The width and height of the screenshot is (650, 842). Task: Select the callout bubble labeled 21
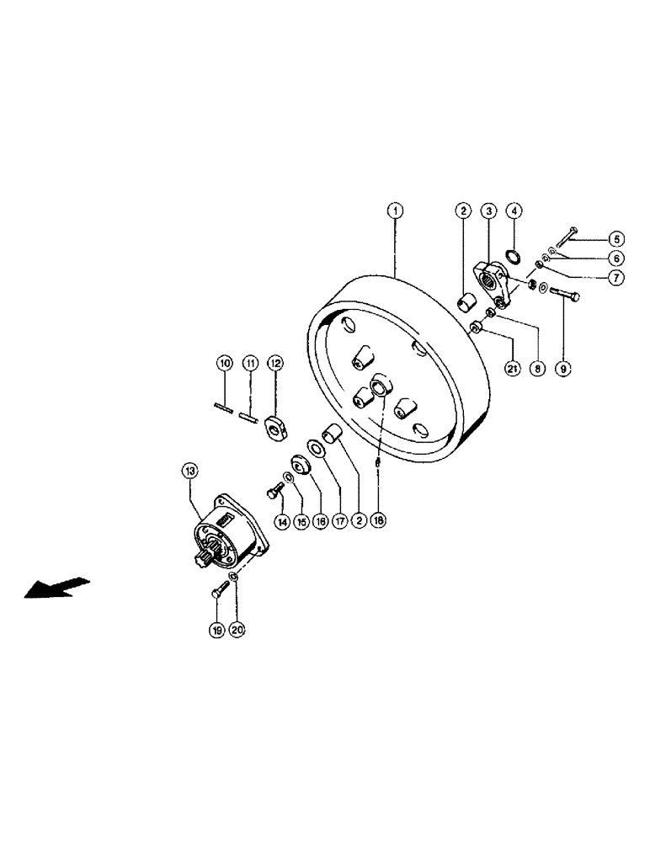coord(512,367)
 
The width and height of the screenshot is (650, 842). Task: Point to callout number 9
coord(563,367)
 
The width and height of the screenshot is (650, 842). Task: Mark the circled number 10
coord(224,363)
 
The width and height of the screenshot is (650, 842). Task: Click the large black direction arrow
coord(56,586)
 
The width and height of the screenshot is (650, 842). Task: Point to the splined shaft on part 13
coord(205,557)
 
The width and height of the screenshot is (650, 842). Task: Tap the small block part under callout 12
coord(274,429)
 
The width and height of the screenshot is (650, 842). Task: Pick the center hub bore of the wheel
coord(379,387)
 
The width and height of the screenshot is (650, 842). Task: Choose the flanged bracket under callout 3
coord(492,285)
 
